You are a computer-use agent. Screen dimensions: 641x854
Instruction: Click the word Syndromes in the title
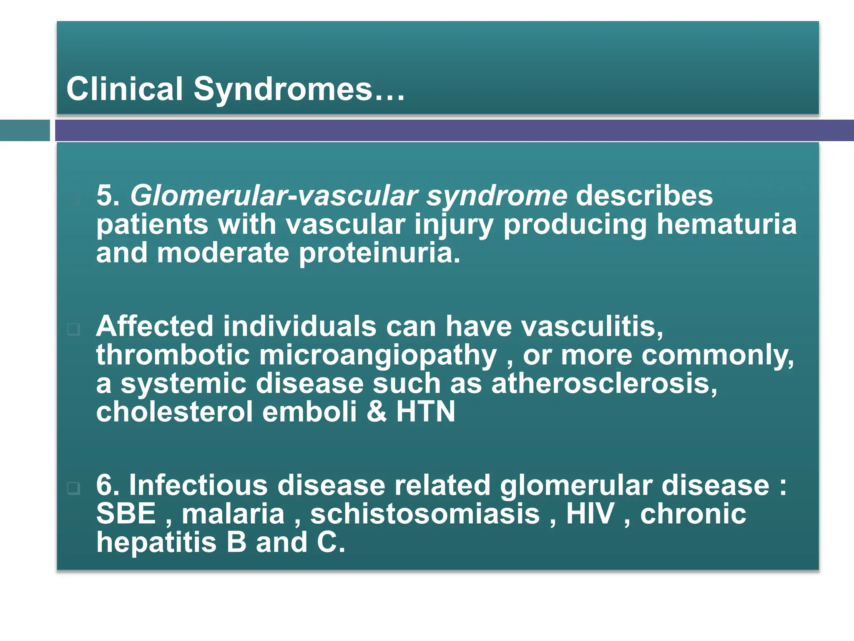283,89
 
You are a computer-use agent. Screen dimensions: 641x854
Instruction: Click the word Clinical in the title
125,88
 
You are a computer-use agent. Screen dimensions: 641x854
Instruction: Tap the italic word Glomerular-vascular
274,196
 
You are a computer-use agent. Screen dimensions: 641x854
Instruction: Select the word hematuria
726,224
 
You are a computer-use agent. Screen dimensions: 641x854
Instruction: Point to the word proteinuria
379,253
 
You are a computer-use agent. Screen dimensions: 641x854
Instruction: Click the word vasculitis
592,326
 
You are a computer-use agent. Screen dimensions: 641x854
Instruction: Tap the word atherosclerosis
604,384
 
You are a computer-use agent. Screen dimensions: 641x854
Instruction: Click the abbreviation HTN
425,412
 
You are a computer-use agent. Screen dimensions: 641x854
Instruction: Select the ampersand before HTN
377,412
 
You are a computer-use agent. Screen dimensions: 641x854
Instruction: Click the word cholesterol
174,412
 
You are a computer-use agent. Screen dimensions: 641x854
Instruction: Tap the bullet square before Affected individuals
73,329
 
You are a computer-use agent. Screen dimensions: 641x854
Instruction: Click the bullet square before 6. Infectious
73,488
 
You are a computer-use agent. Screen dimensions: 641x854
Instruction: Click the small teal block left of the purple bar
25,131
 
